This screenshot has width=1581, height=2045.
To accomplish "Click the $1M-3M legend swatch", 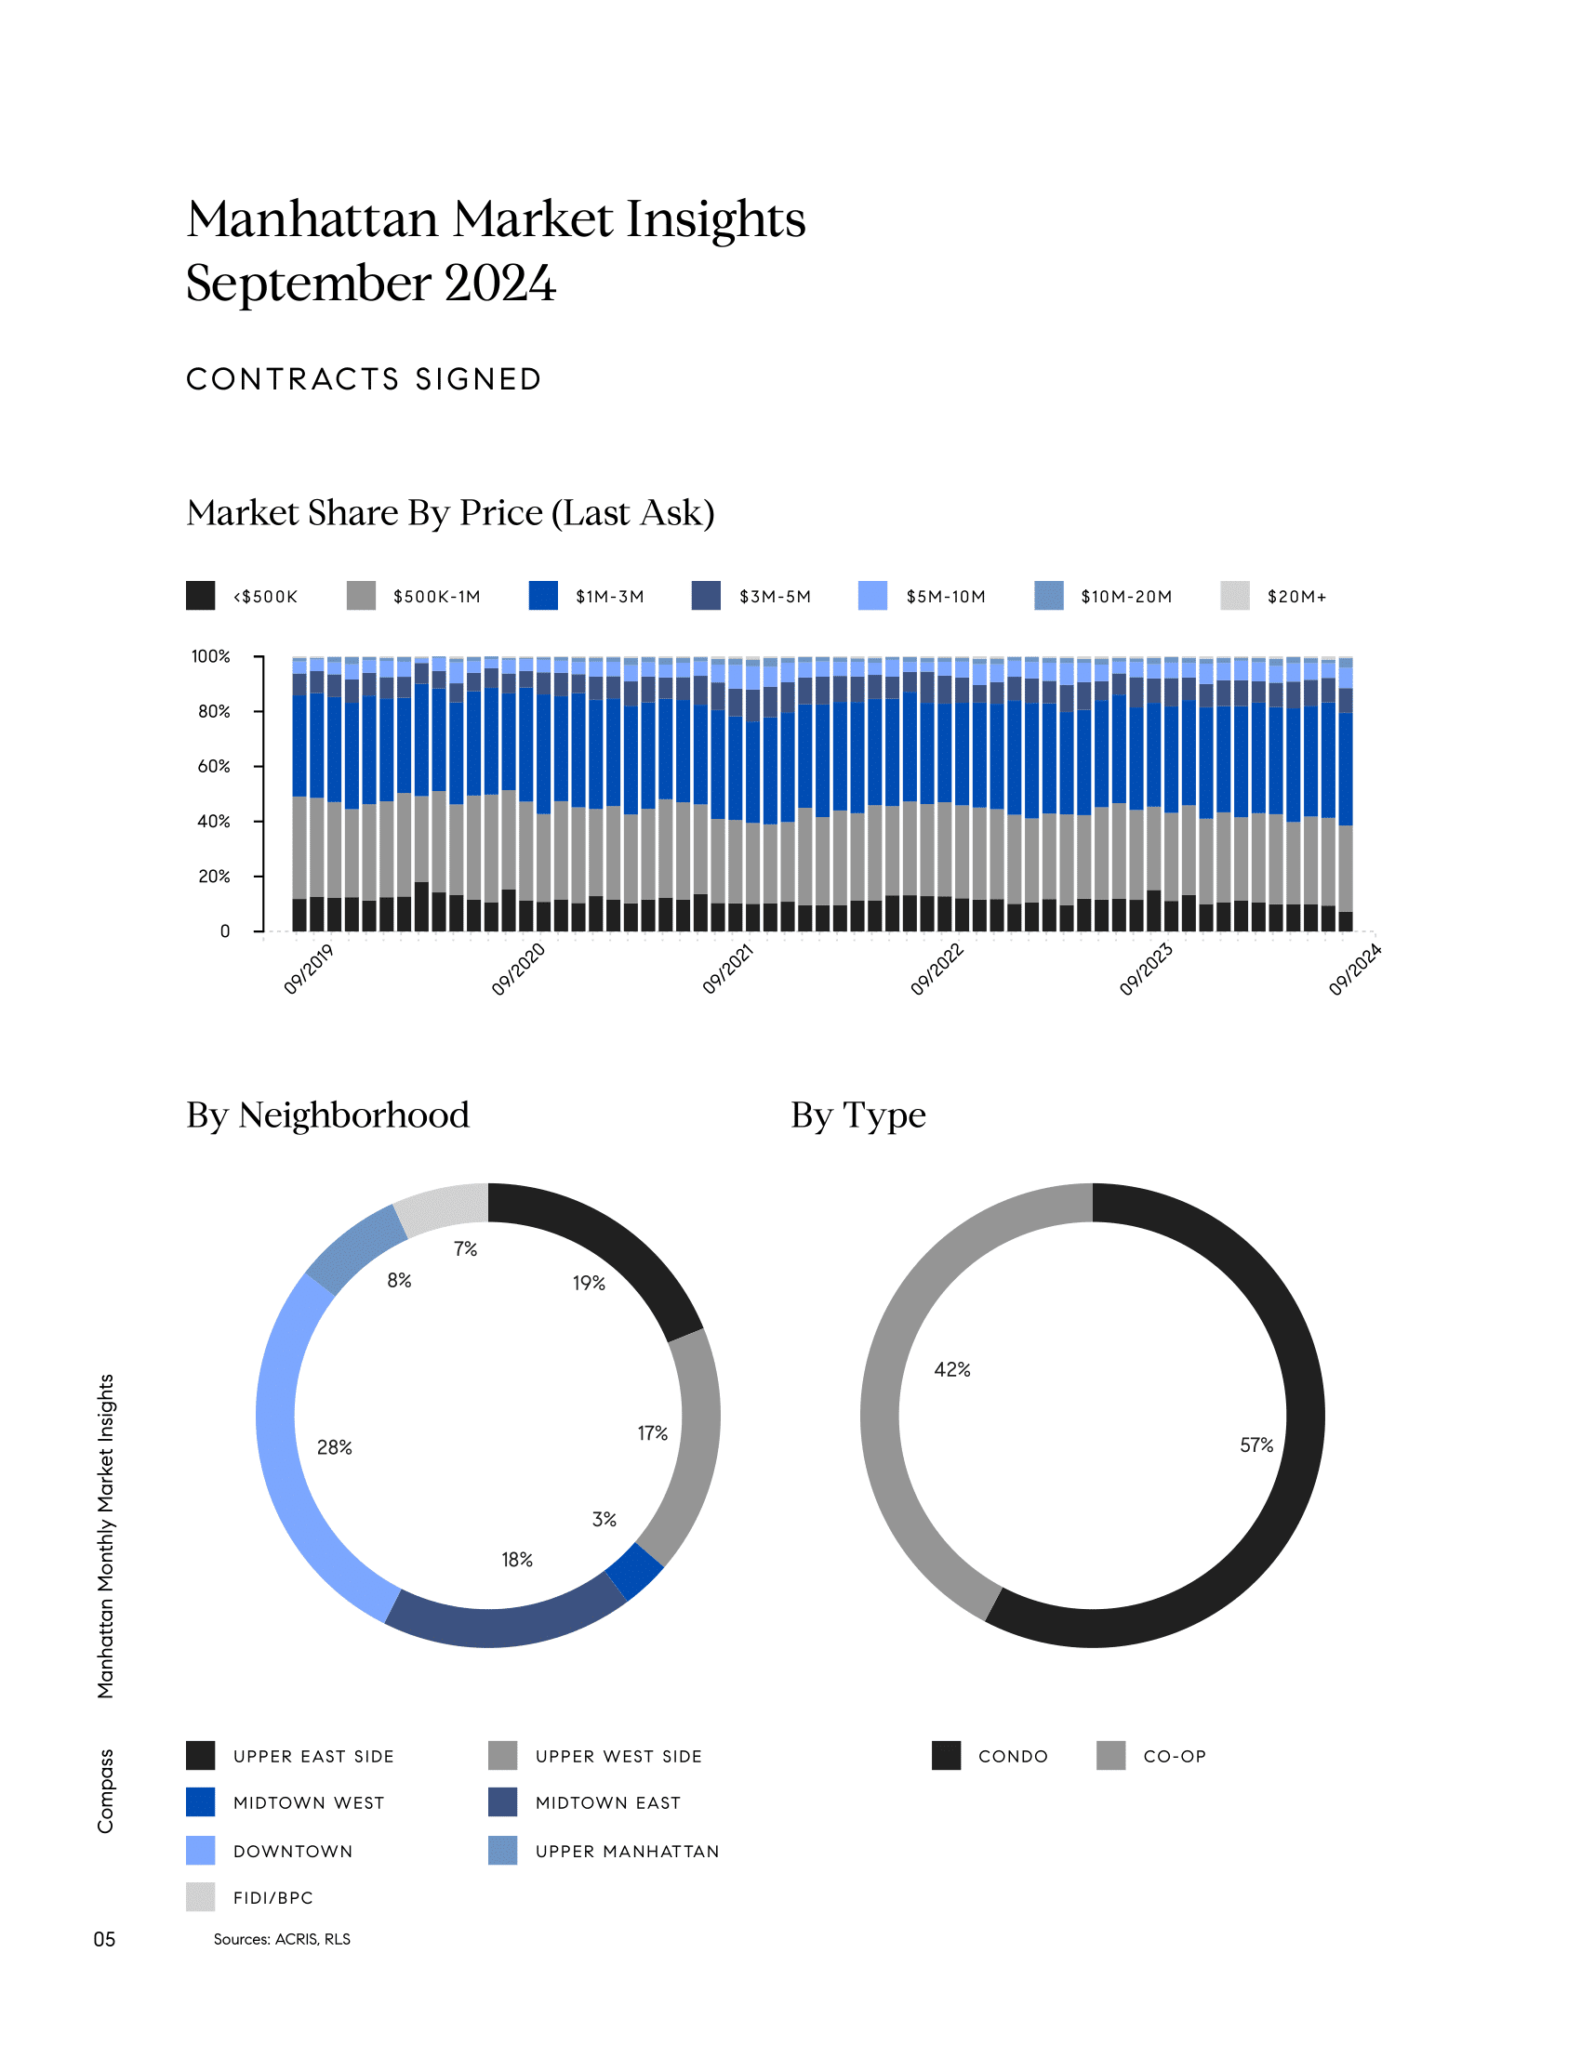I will tap(543, 596).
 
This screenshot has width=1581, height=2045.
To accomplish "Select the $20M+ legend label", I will tap(1296, 597).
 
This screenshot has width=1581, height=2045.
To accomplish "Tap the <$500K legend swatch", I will tap(201, 596).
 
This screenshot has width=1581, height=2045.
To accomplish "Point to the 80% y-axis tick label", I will tap(214, 712).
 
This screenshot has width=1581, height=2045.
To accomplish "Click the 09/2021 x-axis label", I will tap(729, 970).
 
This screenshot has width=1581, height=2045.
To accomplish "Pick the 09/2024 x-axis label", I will tap(1355, 970).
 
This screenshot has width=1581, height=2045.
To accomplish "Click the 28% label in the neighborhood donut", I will tap(335, 1447).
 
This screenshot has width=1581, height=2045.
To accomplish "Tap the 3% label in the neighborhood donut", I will tap(604, 1519).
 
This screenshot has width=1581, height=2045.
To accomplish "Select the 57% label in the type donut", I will tap(1256, 1445).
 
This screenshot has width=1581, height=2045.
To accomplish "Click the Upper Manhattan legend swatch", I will tap(503, 1850).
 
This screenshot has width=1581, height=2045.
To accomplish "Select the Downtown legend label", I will tap(293, 1851).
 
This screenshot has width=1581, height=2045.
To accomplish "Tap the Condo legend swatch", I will tap(946, 1756).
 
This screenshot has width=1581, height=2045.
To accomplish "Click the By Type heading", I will tap(858, 1115).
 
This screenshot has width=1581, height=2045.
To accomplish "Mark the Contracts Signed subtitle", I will tap(364, 379).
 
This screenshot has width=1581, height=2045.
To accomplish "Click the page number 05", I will tap(104, 1939).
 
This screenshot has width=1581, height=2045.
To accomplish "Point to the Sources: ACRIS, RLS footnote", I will tap(282, 1939).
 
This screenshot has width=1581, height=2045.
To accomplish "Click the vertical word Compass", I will tap(105, 1790).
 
